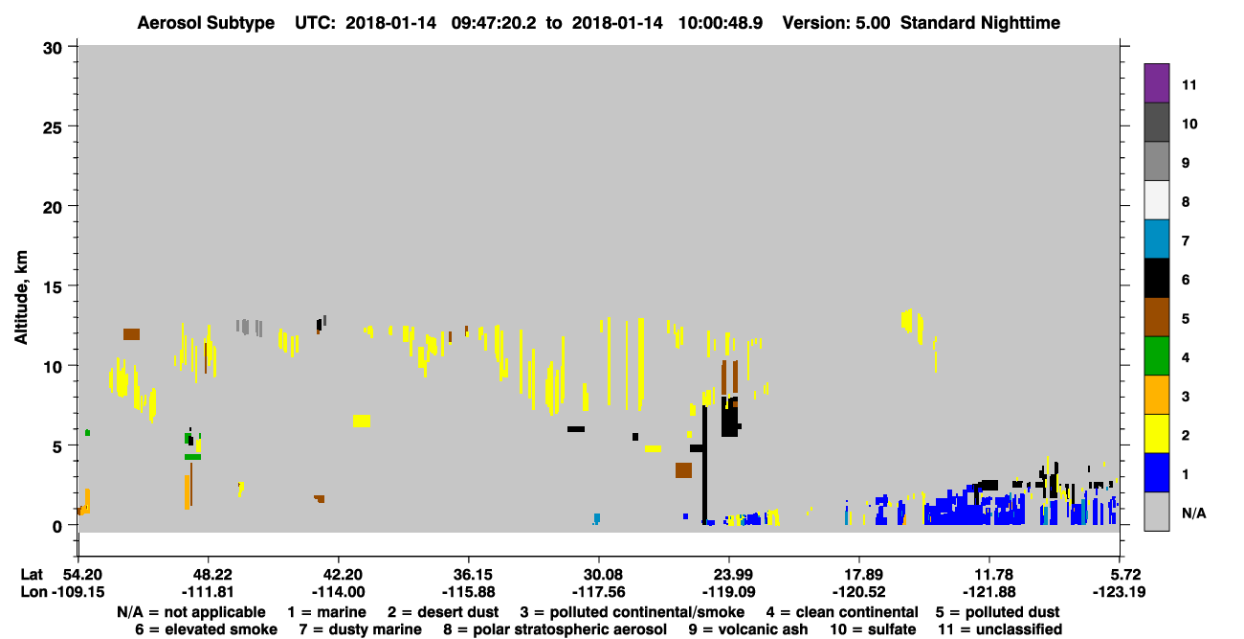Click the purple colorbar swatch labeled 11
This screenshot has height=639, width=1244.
(1156, 83)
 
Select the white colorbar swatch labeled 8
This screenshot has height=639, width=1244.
(1156, 200)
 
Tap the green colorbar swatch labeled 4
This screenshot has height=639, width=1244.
(1156, 356)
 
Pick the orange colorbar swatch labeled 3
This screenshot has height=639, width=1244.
(1156, 395)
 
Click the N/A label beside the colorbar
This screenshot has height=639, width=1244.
(1193, 513)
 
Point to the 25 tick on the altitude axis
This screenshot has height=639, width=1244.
(53, 127)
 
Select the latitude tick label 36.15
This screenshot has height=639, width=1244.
(469, 574)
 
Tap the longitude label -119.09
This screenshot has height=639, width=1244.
(728, 592)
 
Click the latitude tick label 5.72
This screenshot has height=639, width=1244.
(1119, 574)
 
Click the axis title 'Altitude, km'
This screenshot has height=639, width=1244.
(20, 298)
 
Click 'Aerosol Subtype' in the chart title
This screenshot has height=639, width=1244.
(206, 23)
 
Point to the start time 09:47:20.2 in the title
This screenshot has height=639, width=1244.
(494, 23)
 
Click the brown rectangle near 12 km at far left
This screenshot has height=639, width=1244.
(132, 334)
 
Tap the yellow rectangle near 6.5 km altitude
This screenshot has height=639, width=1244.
(362, 421)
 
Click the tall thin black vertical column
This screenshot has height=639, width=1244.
(704, 465)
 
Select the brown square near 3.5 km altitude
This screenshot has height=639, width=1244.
(683, 470)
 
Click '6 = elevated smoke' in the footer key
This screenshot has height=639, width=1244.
(206, 629)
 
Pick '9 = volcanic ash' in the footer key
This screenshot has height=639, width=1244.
(748, 629)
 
